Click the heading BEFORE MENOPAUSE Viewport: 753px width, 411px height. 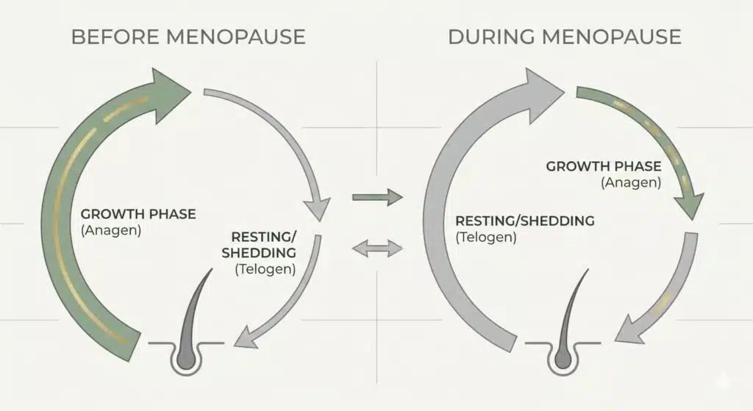[x=188, y=37]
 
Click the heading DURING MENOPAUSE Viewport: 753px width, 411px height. [x=565, y=37]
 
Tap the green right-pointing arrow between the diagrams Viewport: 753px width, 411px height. [x=378, y=196]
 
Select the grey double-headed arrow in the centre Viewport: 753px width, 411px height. [x=378, y=249]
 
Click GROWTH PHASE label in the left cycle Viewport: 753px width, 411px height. [x=138, y=214]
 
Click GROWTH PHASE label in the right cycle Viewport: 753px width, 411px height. [x=603, y=166]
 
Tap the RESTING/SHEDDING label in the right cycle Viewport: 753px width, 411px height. [x=524, y=221]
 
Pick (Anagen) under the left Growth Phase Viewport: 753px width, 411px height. [x=110, y=229]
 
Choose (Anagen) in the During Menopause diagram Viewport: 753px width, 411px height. [x=630, y=182]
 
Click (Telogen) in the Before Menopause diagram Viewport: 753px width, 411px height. [x=265, y=268]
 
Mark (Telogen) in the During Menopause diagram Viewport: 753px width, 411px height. [x=486, y=237]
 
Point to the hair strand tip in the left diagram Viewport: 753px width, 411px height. [x=212, y=271]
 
